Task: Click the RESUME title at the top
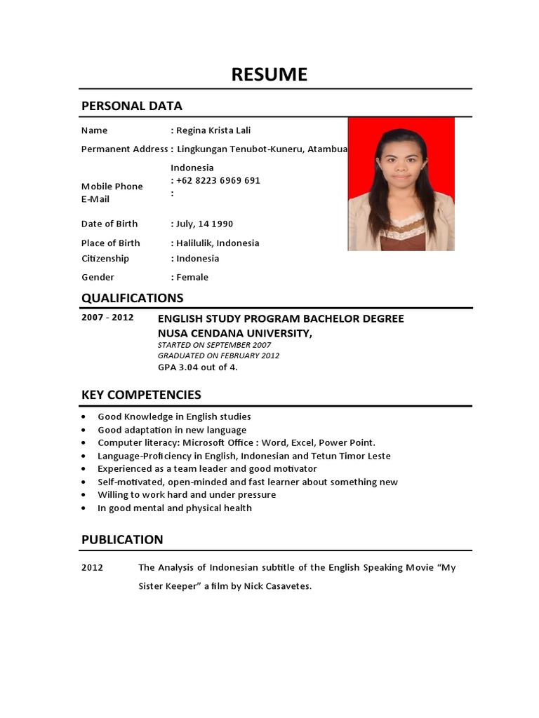[269, 74]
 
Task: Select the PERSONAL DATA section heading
[131, 106]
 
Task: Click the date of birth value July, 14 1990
[204, 224]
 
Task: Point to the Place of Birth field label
[110, 243]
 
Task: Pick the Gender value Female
[192, 277]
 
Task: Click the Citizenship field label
[105, 259]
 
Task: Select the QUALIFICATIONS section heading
[132, 297]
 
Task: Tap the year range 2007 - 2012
[107, 318]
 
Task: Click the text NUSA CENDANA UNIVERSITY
[234, 333]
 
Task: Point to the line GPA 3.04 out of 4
[197, 367]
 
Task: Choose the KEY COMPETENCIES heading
[141, 395]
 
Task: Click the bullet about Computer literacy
[236, 442]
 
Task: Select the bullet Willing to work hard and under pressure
[187, 494]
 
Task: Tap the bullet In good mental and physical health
[174, 508]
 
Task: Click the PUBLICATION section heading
[122, 539]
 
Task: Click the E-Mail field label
[95, 199]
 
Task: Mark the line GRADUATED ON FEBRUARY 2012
[218, 355]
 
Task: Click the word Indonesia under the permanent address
[192, 168]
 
